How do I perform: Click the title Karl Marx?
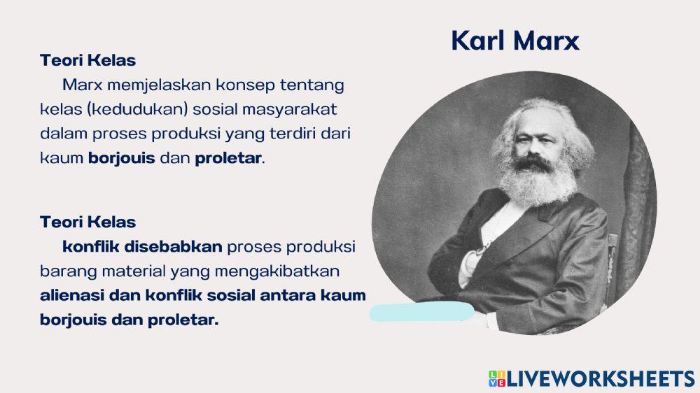tap(514, 41)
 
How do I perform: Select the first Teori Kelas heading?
tap(87, 60)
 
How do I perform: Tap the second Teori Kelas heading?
tap(87, 222)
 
